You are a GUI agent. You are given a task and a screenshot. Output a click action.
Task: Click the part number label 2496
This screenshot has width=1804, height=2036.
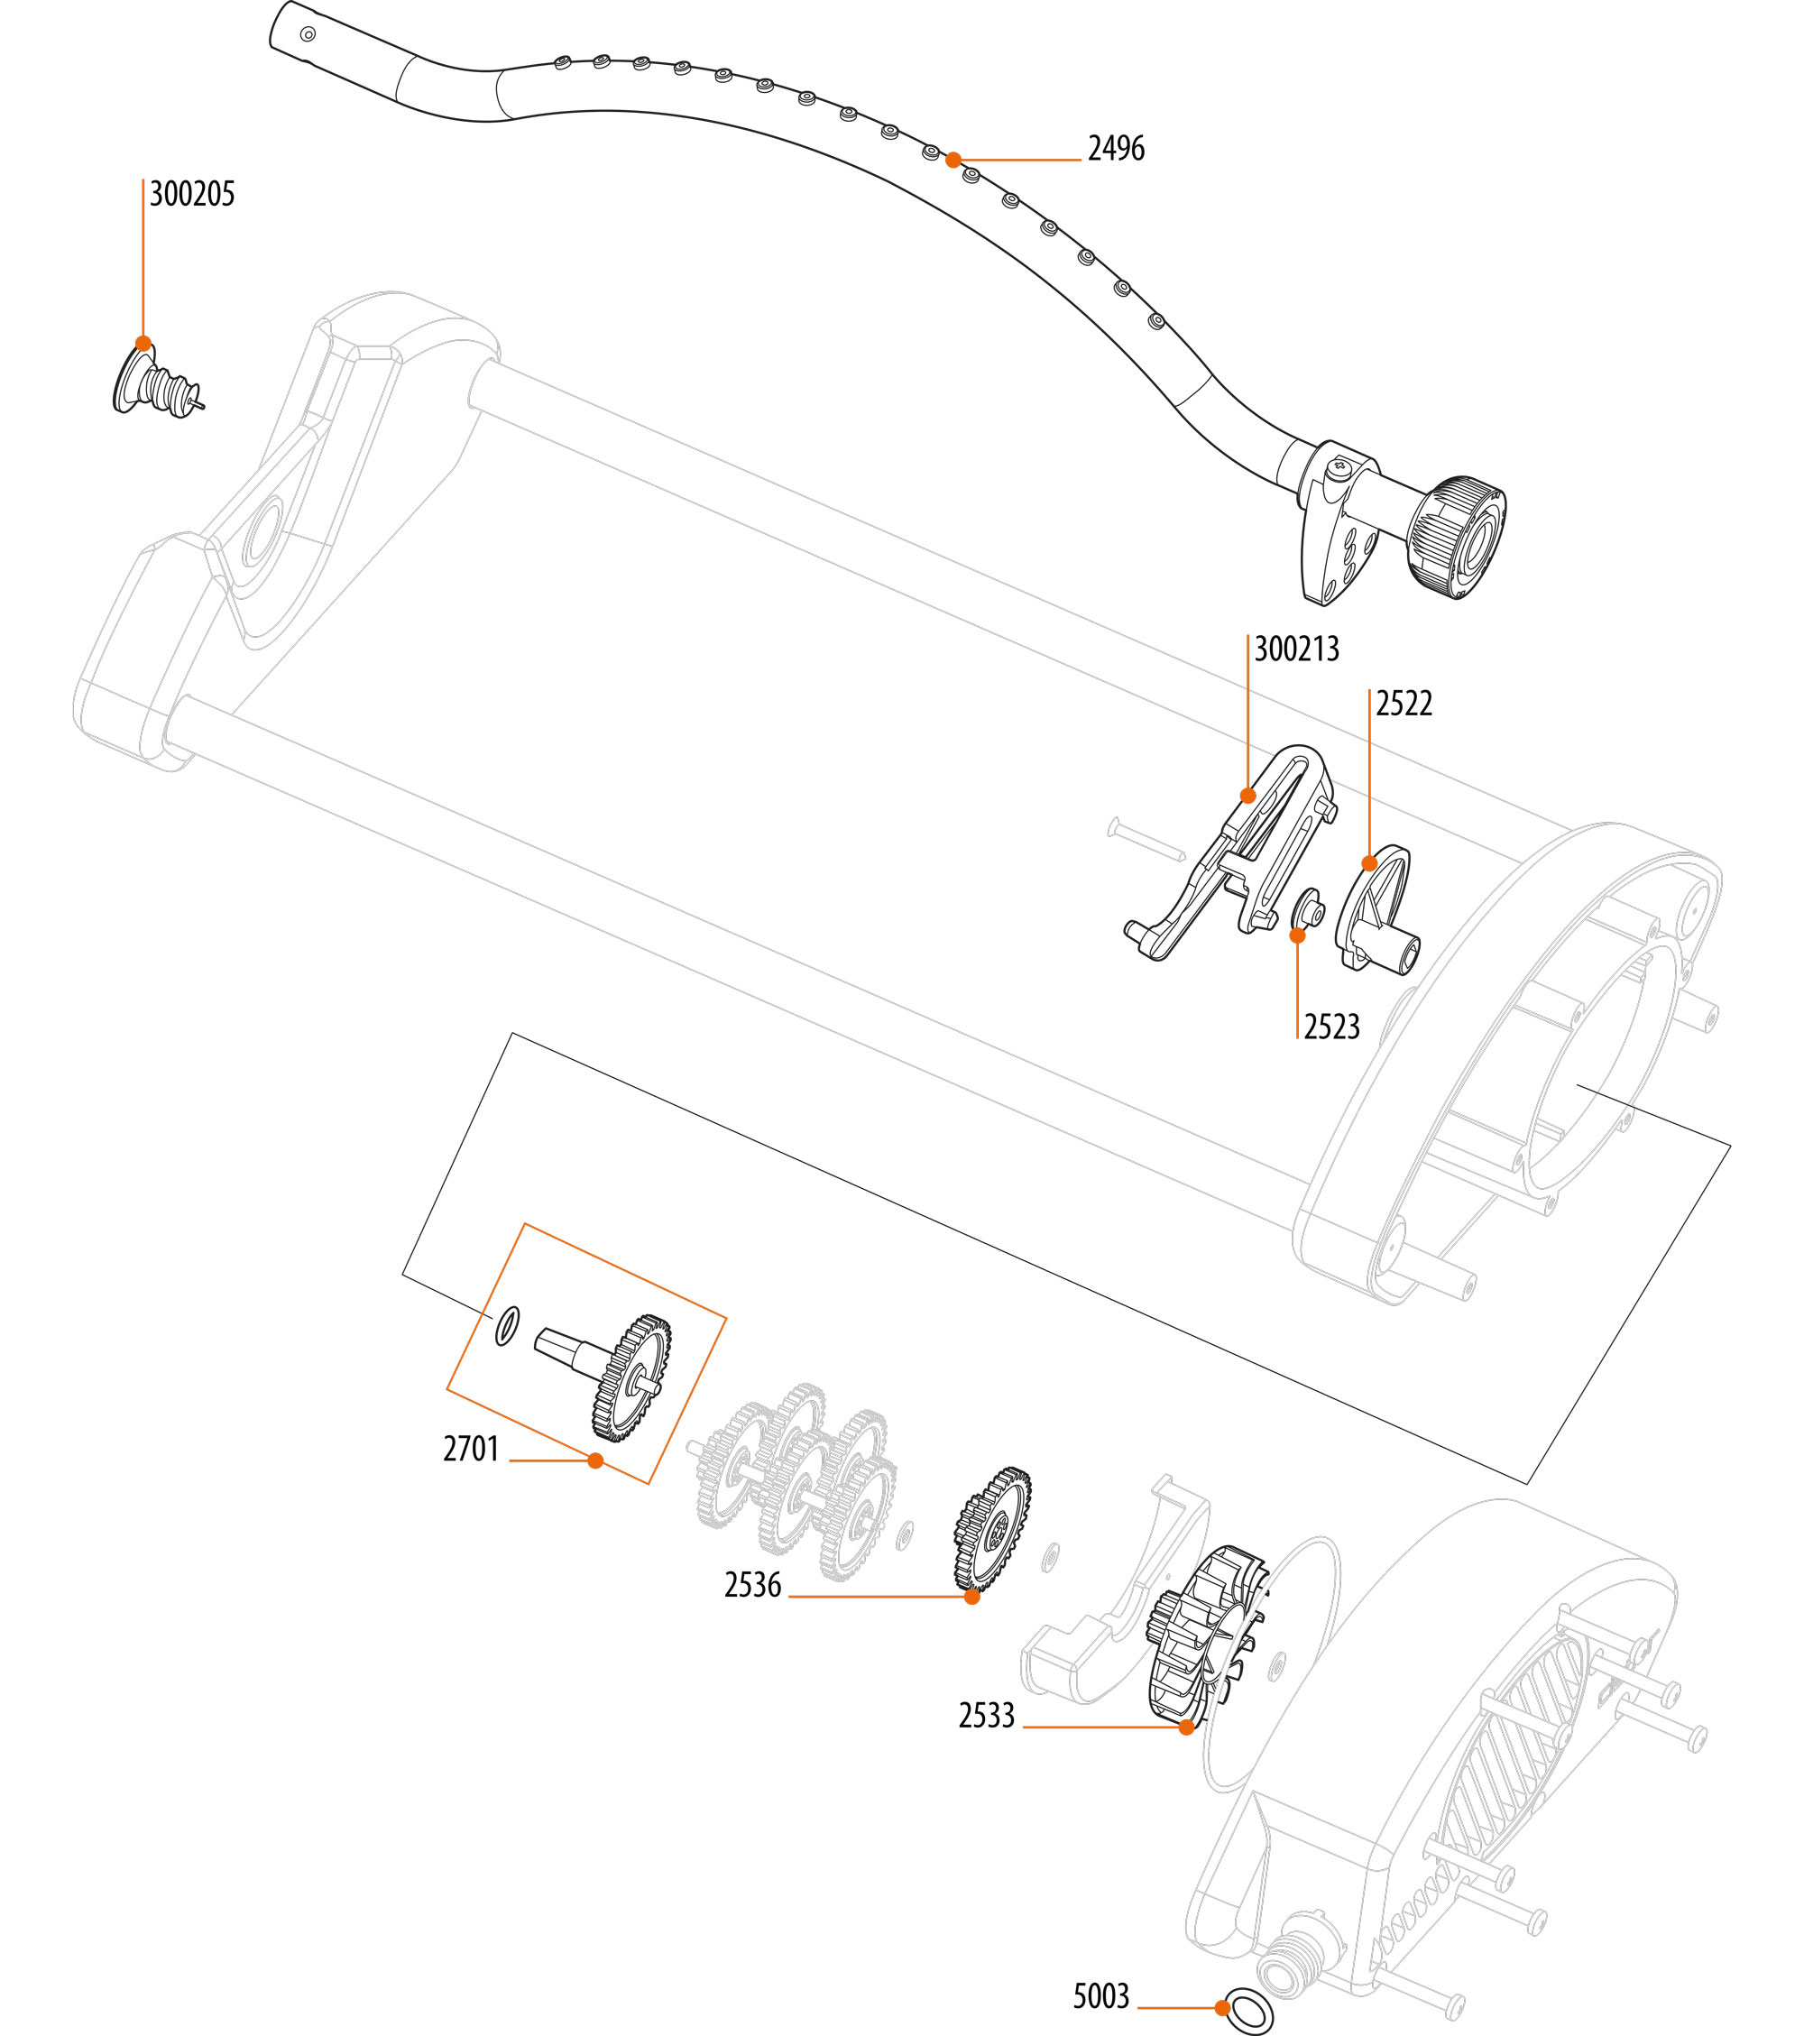pyautogui.click(x=1116, y=149)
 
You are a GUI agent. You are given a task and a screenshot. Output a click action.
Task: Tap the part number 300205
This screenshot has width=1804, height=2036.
pyautogui.click(x=192, y=193)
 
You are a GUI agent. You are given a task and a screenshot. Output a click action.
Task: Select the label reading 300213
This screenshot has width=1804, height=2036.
pyautogui.click(x=1296, y=649)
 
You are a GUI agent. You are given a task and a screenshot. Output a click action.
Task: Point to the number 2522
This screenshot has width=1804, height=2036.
pyautogui.click(x=1404, y=704)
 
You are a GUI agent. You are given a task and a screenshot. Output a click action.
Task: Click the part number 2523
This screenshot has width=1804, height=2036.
pyautogui.click(x=1332, y=1026)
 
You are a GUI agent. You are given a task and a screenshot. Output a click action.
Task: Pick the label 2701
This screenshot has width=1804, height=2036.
pyautogui.click(x=471, y=1449)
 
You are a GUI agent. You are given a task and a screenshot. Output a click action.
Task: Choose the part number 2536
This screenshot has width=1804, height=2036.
pyautogui.click(x=753, y=1585)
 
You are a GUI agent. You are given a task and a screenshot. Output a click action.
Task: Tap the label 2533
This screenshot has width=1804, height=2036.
pyautogui.click(x=986, y=1715)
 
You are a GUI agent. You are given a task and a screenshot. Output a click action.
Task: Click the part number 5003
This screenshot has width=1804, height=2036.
pyautogui.click(x=1100, y=1996)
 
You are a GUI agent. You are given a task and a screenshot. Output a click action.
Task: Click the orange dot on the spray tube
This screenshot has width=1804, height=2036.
pyautogui.click(x=953, y=160)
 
